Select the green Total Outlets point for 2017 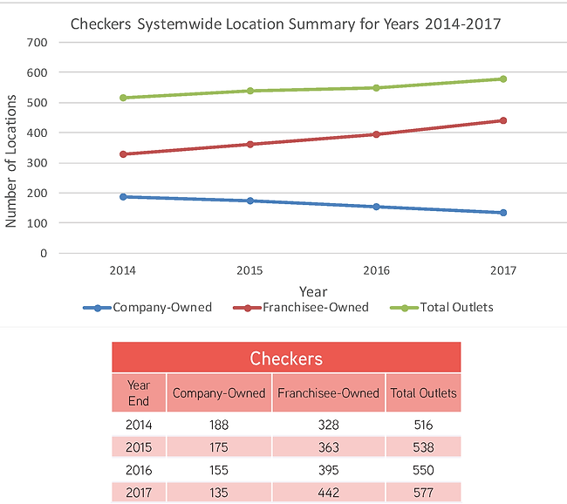click(503, 79)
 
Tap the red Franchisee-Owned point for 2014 click(123, 154)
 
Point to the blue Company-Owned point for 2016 click(376, 207)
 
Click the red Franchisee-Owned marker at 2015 click(249, 144)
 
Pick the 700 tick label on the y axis click(37, 42)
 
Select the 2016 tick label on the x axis click(376, 270)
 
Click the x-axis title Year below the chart click(312, 291)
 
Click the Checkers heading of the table click(286, 358)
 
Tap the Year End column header click(139, 393)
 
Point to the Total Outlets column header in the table click(422, 393)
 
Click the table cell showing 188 click(219, 426)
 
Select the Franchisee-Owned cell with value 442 click(328, 492)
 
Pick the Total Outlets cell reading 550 click(422, 470)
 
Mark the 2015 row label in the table click(139, 448)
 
